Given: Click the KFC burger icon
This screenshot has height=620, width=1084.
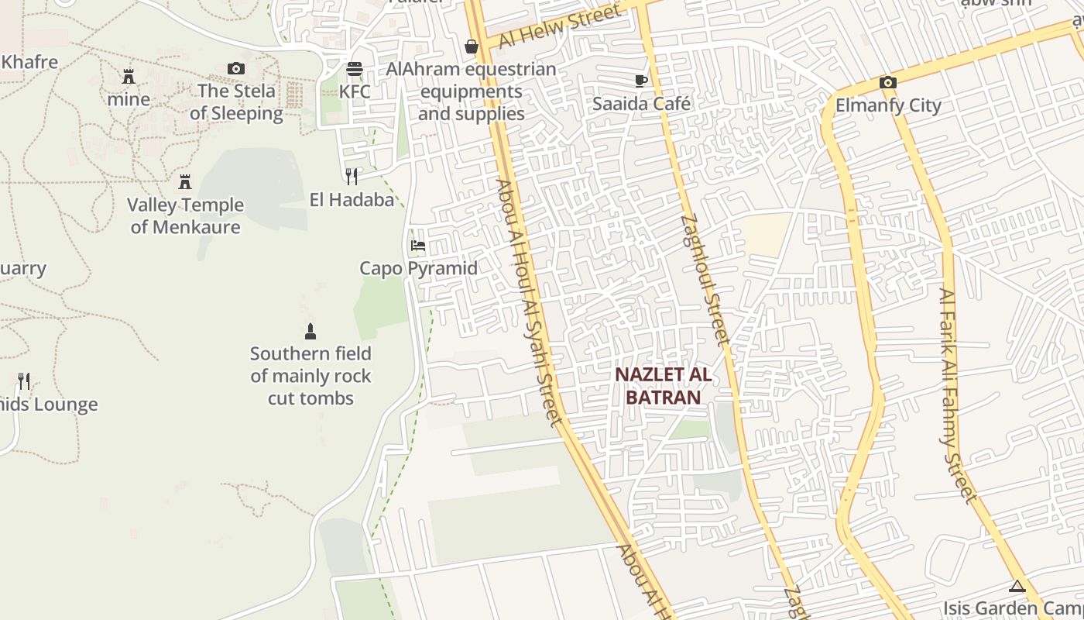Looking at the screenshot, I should click(x=355, y=69).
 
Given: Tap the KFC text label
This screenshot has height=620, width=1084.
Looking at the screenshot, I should click(x=355, y=91).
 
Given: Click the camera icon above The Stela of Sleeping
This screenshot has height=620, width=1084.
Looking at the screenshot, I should click(x=236, y=69).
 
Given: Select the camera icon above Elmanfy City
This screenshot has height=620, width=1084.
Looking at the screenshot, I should click(x=888, y=83).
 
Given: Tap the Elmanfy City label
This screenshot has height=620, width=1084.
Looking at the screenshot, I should click(x=888, y=105).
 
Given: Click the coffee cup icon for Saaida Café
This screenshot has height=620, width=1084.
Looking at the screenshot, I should click(x=641, y=81).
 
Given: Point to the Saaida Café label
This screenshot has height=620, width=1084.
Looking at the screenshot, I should click(x=641, y=103).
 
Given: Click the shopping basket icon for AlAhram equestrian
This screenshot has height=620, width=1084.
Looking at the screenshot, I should click(x=471, y=47).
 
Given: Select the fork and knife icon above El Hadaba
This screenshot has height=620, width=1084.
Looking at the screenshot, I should click(x=352, y=177).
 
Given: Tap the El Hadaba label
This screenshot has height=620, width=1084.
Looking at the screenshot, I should click(x=352, y=200).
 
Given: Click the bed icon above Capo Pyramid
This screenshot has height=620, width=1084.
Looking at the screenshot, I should click(x=418, y=246).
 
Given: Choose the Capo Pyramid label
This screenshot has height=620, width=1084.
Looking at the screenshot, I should click(x=418, y=268).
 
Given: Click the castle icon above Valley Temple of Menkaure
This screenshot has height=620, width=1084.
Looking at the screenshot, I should click(x=185, y=182).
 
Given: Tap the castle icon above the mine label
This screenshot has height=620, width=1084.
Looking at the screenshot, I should click(x=129, y=77).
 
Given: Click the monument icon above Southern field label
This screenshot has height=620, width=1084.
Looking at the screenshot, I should click(x=310, y=332).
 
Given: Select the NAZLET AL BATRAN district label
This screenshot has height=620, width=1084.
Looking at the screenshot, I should click(x=663, y=386).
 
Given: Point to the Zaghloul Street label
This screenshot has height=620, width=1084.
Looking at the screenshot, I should click(x=705, y=279).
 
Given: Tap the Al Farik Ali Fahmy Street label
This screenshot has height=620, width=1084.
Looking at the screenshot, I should click(x=958, y=395).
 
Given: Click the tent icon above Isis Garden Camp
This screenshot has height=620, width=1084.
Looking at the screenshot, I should click(x=1017, y=587).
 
